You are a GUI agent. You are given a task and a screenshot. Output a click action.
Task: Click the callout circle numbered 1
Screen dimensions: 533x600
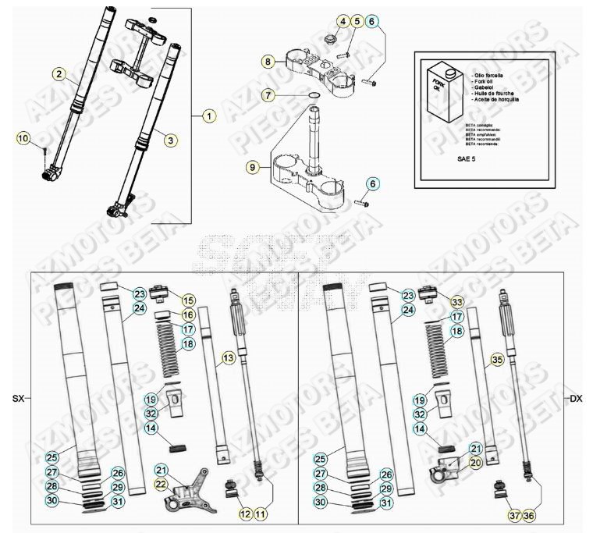click(208, 116)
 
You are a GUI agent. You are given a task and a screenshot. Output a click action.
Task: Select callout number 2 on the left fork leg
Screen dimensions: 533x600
click(59, 74)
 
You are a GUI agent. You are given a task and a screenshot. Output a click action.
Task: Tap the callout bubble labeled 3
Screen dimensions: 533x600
click(170, 139)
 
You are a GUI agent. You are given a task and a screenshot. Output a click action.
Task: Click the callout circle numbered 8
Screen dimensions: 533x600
click(268, 60)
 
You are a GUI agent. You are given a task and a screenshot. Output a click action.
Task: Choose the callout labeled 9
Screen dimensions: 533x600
click(251, 166)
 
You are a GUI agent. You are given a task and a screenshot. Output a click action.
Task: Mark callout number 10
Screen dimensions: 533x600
click(23, 138)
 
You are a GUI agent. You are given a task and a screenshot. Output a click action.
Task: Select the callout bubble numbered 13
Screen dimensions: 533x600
click(228, 357)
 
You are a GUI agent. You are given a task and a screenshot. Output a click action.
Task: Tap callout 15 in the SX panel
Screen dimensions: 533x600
click(188, 300)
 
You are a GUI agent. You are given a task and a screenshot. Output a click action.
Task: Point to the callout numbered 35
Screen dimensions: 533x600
click(495, 360)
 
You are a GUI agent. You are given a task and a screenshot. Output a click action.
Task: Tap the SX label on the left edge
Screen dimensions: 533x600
click(18, 398)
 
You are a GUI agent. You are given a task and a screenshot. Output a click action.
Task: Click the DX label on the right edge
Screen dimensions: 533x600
click(576, 398)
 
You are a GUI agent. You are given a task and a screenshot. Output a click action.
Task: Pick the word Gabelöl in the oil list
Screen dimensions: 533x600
click(487, 86)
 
